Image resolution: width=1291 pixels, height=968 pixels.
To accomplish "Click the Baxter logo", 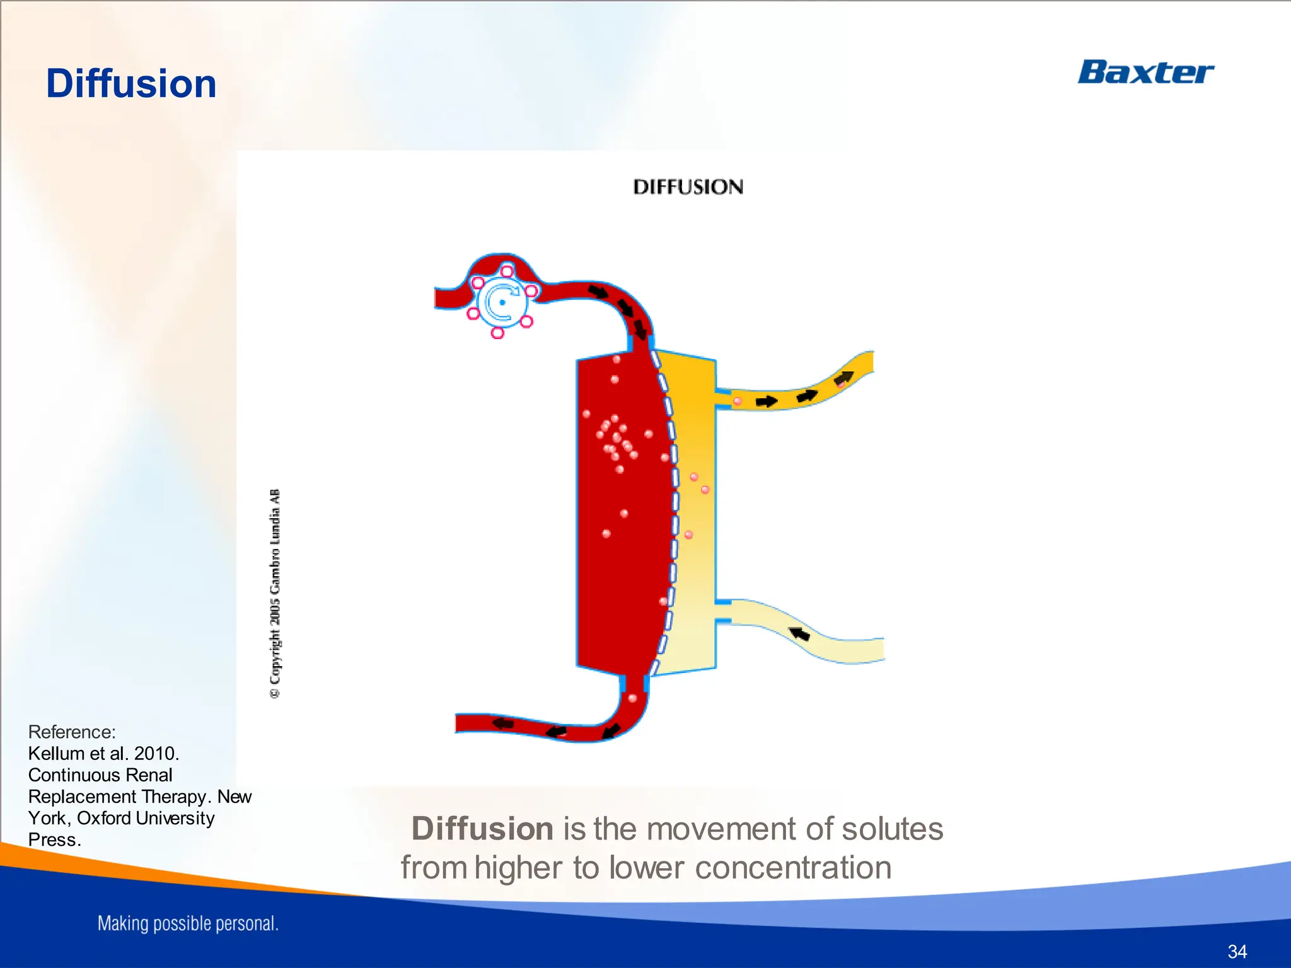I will click(x=1145, y=72).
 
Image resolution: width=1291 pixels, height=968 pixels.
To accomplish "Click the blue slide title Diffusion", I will click(x=131, y=84).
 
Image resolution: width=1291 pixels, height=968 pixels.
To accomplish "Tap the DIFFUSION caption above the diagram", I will click(x=688, y=187).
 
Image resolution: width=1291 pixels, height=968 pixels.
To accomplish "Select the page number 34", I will click(x=1237, y=951).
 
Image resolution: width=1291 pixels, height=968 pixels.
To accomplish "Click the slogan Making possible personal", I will click(x=188, y=924).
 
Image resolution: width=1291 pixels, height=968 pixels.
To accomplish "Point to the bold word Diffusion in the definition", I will click(x=482, y=829).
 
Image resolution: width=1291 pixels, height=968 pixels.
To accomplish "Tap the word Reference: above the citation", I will click(x=72, y=732).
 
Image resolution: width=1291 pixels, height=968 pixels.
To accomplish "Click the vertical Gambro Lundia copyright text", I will click(x=275, y=593).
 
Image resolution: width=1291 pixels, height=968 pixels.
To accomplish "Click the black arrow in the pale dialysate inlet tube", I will click(x=799, y=633).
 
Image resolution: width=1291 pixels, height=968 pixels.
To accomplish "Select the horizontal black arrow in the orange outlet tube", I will click(x=767, y=401).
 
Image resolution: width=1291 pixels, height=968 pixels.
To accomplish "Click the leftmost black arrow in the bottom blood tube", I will click(x=502, y=723).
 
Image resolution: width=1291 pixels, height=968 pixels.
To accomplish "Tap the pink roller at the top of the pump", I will click(x=506, y=272).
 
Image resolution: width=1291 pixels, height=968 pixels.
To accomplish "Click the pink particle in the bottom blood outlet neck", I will click(x=632, y=698).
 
